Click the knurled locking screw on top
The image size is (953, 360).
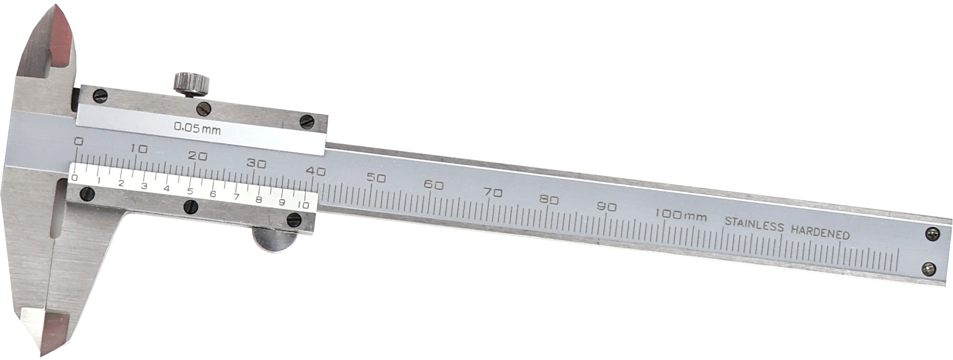(191, 84)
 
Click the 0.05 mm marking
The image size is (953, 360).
(197, 128)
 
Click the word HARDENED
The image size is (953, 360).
(820, 232)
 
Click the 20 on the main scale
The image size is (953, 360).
(197, 156)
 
